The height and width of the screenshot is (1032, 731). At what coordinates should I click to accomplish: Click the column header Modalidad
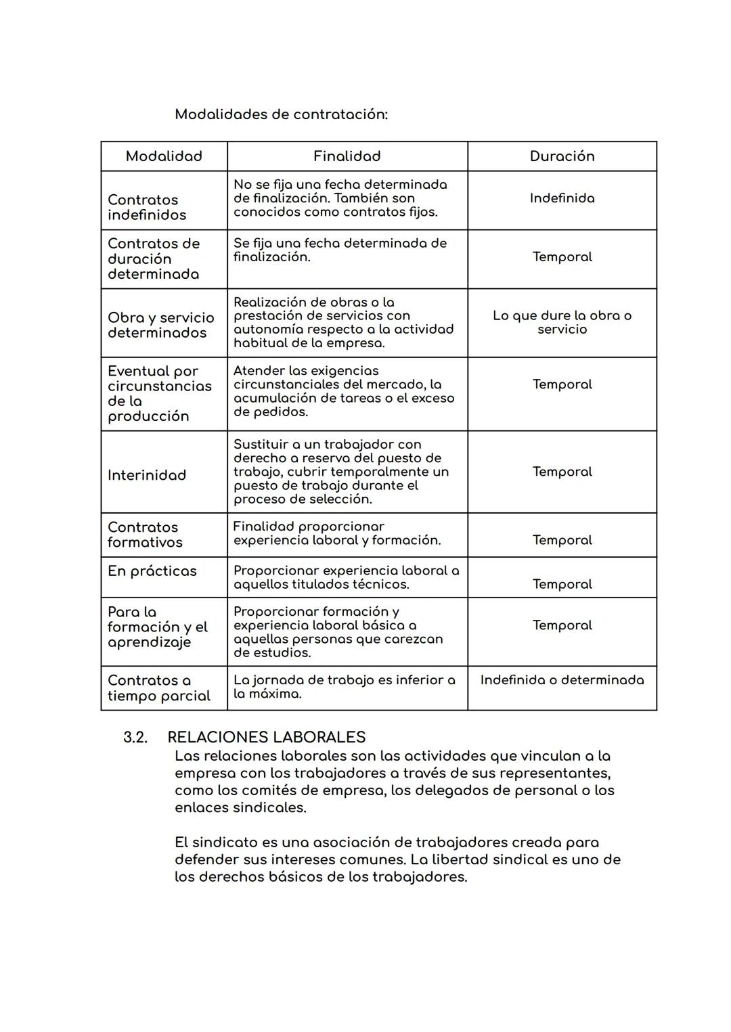164,156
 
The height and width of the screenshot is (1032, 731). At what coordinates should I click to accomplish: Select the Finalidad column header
347,156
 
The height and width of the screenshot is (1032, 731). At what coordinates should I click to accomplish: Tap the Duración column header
562,156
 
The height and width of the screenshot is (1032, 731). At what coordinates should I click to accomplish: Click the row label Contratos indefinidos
146,207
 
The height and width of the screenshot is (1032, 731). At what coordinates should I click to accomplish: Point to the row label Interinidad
146,475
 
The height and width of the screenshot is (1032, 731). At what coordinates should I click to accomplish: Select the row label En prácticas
152,571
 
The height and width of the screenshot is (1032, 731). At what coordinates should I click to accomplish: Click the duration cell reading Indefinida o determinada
562,680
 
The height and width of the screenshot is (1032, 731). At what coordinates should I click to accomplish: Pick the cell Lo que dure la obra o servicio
562,322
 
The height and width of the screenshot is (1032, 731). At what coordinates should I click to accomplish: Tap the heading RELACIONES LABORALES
266,737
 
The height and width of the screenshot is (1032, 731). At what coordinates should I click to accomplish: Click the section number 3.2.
135,737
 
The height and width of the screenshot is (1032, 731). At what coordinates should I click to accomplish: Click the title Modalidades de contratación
281,114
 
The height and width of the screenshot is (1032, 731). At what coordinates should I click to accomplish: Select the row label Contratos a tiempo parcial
158,688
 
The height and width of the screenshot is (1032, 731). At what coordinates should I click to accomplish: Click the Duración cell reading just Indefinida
562,198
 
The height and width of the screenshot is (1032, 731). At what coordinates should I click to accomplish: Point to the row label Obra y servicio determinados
160,325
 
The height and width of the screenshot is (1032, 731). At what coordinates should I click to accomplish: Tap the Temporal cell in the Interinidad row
562,472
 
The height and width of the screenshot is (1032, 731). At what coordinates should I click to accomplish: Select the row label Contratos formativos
144,535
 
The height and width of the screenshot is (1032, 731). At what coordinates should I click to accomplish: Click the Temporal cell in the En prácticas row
562,584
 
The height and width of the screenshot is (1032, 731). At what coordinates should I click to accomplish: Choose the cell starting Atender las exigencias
343,391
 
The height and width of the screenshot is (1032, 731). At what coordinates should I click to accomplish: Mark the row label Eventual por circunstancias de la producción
159,393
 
